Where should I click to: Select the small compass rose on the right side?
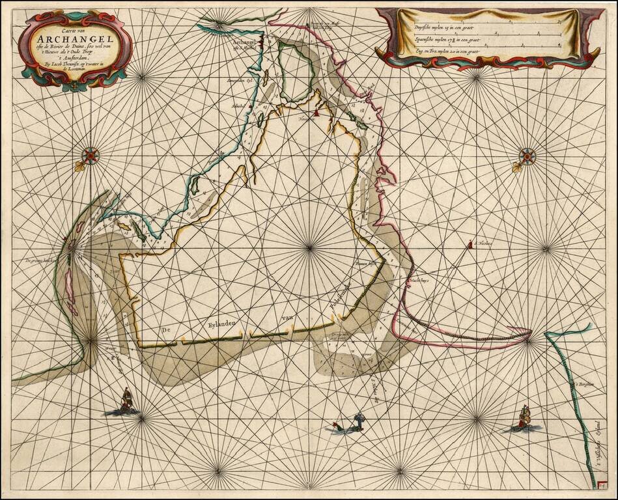tap(527, 156)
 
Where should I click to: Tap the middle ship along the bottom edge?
tap(356, 423)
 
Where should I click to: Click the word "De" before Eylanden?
tap(165, 331)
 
